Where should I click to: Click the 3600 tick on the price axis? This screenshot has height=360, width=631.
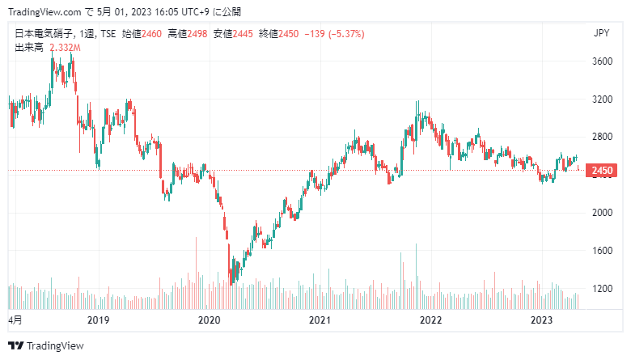600,61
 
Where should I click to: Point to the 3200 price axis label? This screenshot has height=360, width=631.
600,100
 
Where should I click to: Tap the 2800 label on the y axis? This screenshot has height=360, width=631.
600,137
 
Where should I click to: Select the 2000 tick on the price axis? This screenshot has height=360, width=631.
600,213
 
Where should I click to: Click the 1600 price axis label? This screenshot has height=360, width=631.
600,251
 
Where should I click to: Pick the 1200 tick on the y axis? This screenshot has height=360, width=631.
600,289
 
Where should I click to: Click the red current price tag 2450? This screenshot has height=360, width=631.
602,171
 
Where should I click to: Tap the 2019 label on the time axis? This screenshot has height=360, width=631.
98,320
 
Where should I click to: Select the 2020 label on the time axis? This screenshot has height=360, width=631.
210,320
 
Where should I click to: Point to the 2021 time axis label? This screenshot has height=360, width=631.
321,320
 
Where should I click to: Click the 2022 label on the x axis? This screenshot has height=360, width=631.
431,320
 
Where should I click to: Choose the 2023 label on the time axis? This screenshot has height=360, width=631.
541,320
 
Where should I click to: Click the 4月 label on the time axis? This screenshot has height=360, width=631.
15,320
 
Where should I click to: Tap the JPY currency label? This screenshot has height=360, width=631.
600,33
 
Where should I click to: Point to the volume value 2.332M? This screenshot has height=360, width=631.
66,48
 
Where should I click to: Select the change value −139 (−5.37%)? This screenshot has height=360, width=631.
335,34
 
